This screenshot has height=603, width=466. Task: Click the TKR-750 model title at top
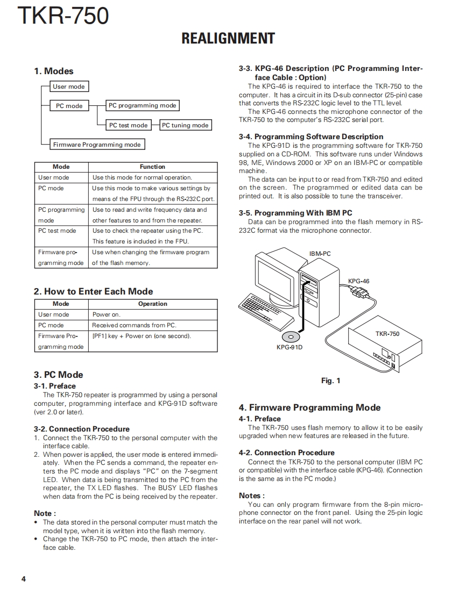tap(63, 16)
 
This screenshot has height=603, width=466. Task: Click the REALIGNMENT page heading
tap(228, 39)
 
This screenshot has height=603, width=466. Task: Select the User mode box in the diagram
tap(69, 87)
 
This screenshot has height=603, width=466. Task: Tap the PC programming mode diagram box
tap(142, 106)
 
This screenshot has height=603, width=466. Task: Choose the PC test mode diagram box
tap(128, 125)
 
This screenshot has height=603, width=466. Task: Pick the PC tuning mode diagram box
tap(185, 125)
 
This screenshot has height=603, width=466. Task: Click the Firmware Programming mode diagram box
tap(97, 145)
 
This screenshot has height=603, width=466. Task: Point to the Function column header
tap(152, 167)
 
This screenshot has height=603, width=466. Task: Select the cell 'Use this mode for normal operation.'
tap(142, 177)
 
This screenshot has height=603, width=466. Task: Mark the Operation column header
tap(152, 304)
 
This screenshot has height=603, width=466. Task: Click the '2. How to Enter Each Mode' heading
tap(93, 291)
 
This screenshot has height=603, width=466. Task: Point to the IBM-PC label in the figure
tap(320, 254)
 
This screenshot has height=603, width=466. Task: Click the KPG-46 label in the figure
tap(359, 281)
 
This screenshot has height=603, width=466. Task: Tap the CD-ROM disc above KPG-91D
tap(291, 336)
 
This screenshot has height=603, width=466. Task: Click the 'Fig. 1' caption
tap(330, 381)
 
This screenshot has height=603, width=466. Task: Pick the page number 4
tap(23, 579)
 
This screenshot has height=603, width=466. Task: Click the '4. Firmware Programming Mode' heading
tap(309, 408)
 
